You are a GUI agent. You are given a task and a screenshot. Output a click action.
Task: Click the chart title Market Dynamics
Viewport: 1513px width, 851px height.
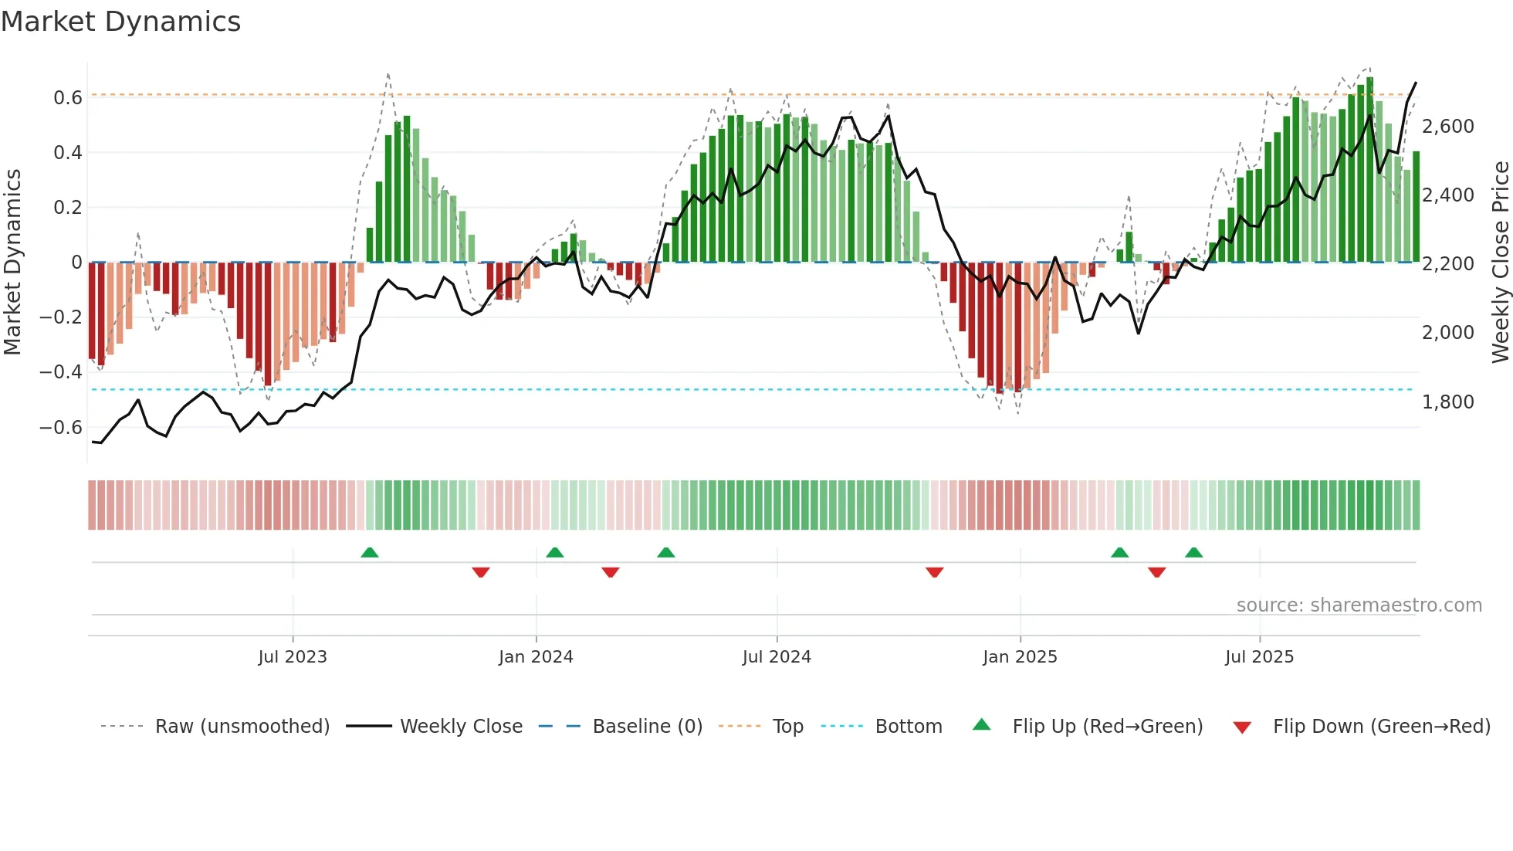click(120, 22)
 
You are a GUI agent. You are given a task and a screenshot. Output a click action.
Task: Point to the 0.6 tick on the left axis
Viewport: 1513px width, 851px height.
click(68, 98)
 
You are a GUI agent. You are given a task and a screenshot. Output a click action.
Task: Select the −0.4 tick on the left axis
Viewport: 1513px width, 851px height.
click(61, 372)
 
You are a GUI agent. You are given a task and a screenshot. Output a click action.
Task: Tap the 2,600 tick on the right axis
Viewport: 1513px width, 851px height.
click(1448, 127)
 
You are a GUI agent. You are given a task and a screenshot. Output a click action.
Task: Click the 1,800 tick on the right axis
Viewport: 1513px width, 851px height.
click(1448, 402)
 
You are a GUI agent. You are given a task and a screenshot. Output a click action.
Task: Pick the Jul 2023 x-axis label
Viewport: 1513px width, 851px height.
click(293, 657)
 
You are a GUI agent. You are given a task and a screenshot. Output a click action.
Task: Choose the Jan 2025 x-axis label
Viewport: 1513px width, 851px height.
click(1020, 657)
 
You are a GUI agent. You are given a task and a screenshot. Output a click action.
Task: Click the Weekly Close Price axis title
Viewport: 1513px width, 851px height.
click(1500, 263)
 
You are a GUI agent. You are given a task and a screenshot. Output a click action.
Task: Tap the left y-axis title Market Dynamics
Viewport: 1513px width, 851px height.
click(12, 263)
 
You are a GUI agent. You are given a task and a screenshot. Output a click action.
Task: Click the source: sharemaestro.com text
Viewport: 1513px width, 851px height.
click(1359, 605)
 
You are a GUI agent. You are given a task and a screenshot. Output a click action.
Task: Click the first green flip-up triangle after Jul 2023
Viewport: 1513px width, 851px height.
click(370, 553)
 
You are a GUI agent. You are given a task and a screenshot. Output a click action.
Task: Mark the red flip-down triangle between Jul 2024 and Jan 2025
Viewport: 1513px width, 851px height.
click(934, 572)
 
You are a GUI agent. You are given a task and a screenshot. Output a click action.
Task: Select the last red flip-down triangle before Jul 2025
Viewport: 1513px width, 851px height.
click(1156, 572)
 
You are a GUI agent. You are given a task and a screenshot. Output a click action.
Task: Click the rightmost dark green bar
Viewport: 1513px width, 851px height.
click(1416, 207)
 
